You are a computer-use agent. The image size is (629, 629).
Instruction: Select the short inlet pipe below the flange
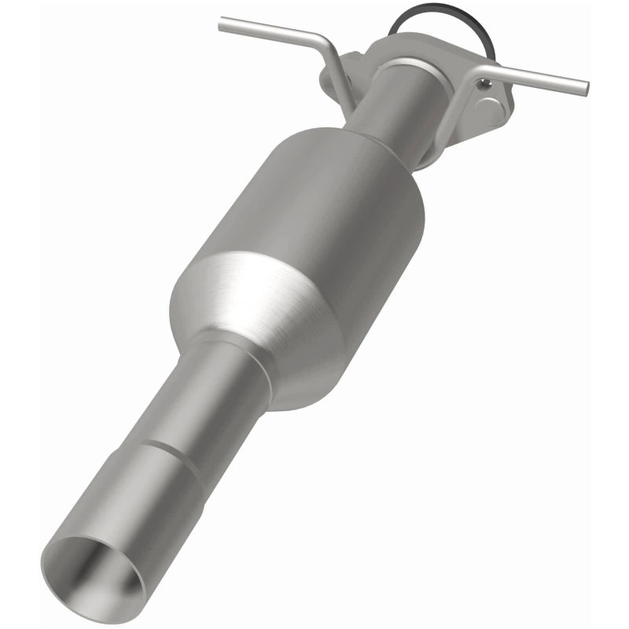click(x=393, y=110)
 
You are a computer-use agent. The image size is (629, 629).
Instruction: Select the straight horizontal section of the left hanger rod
click(x=267, y=29)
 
